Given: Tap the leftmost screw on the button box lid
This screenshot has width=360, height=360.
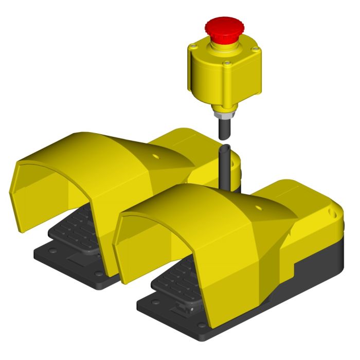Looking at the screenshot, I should pos(192,47).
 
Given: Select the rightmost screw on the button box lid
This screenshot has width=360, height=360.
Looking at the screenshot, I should pos(254,49).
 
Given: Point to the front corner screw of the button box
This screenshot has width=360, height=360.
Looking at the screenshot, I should pos(226,64).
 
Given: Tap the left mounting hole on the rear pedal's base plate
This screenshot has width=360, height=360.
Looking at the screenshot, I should pos(51,251).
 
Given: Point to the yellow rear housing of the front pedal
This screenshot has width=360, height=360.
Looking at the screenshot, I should pos(309,216).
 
